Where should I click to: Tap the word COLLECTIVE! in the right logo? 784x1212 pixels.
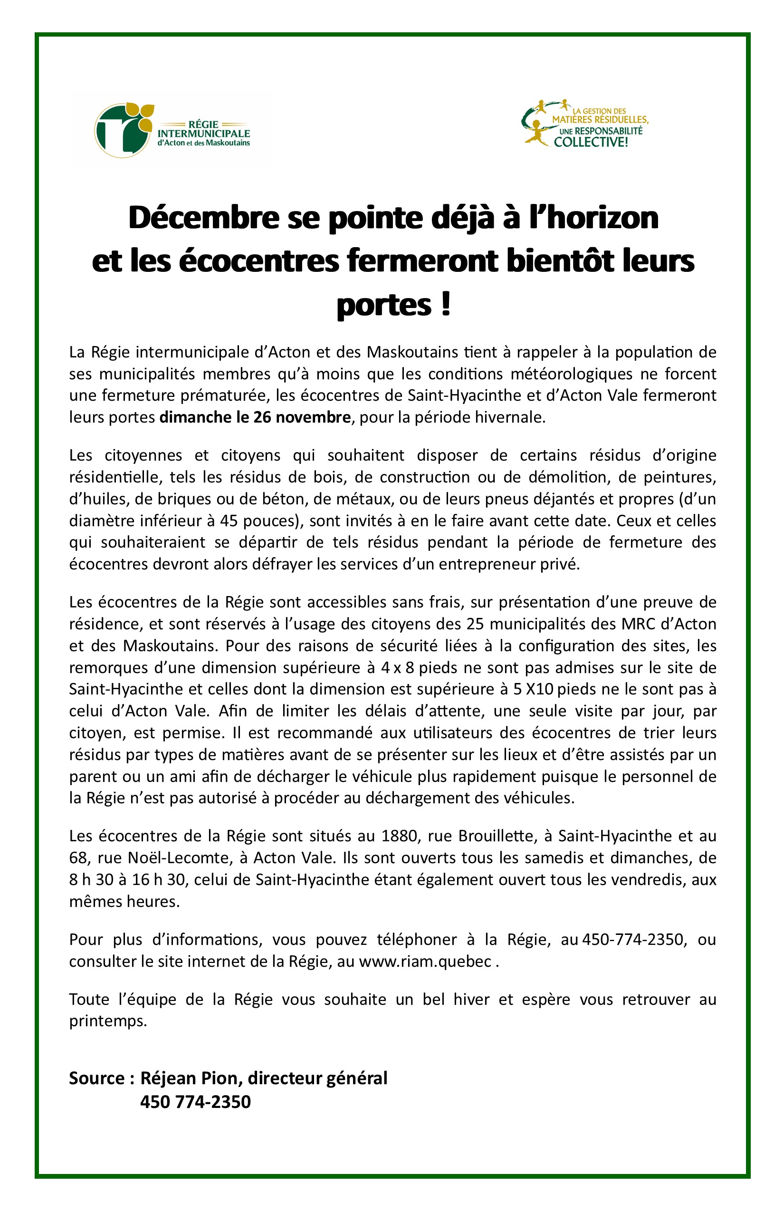[x=591, y=142]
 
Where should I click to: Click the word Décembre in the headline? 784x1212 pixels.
[x=204, y=218]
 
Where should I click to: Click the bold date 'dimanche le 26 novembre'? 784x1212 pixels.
[x=255, y=418]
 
